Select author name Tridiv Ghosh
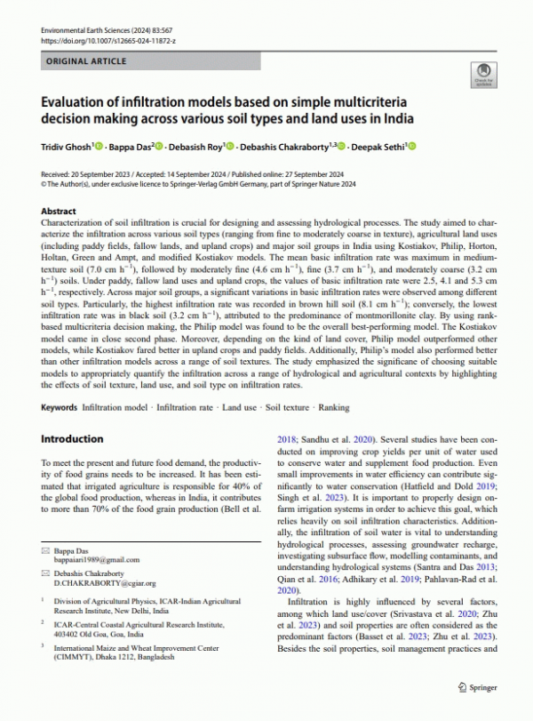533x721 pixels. pos(66,146)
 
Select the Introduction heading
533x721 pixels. pos(73,439)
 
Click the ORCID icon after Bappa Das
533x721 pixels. pos(158,146)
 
